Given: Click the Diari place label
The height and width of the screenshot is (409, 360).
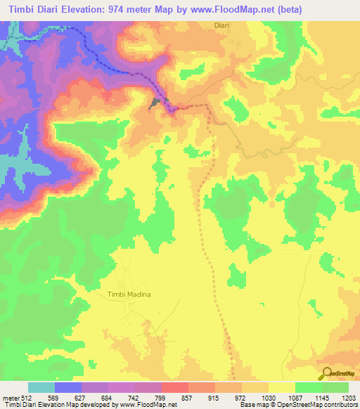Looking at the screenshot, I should coord(221,25).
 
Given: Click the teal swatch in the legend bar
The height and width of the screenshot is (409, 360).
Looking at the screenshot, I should coord(41,387).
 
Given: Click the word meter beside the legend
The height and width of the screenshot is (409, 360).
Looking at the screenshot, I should coord(10,397).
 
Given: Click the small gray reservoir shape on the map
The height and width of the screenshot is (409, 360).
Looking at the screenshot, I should coord(155,104).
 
